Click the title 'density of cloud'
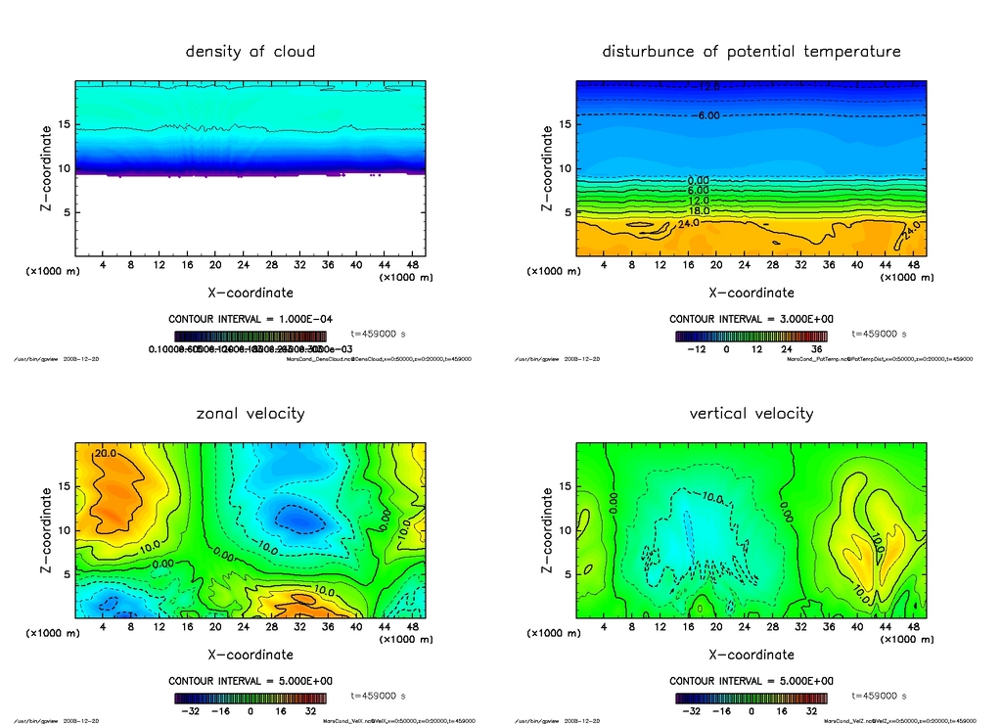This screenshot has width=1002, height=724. (x=250, y=51)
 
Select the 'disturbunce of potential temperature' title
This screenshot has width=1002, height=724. (x=751, y=51)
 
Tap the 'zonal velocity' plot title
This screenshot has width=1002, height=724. (x=250, y=413)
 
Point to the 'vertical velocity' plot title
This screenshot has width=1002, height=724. (x=751, y=413)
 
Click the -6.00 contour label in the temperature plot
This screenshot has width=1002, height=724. (x=706, y=115)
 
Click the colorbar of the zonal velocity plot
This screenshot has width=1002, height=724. (x=250, y=699)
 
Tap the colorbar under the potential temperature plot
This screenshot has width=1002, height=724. (x=751, y=336)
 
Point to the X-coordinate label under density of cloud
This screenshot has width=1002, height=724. (x=250, y=293)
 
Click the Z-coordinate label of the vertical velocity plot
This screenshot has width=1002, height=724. (x=547, y=530)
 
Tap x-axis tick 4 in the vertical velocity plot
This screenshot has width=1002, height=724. (x=605, y=627)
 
